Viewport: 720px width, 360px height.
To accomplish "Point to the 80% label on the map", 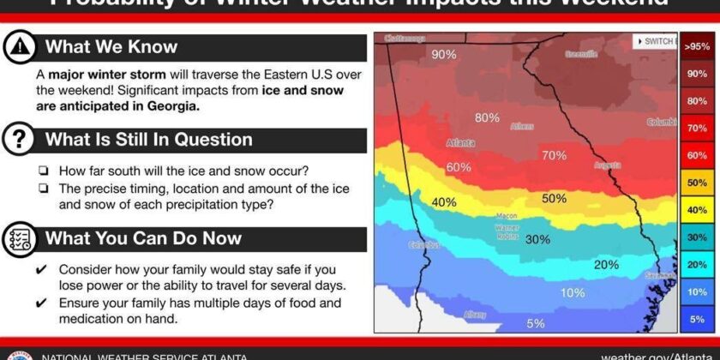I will tap(487, 117).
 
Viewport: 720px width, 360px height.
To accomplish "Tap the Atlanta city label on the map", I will tap(460, 143).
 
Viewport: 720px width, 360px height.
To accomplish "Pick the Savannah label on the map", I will tap(658, 275).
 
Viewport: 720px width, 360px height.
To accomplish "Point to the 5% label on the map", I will tap(536, 323).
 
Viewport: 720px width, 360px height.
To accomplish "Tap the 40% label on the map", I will tap(443, 202).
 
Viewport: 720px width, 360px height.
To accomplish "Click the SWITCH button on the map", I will tap(655, 41).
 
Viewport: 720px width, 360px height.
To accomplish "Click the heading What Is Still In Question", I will tap(148, 140).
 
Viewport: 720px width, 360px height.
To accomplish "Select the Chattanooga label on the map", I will tap(405, 39).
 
